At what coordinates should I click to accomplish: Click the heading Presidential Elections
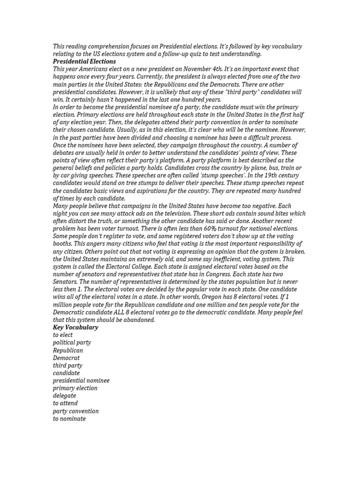84,61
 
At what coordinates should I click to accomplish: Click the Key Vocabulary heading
75,327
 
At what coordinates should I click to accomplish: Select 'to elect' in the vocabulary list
64,335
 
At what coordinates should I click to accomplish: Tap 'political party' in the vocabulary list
72,343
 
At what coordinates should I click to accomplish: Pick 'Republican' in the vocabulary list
68,350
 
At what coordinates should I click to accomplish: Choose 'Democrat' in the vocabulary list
66,358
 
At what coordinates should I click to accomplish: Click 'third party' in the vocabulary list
67,365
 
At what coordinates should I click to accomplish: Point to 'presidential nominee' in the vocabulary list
81,381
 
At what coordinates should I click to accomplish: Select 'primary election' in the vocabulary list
75,388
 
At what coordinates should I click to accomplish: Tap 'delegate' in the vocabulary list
64,396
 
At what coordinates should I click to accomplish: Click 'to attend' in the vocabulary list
66,403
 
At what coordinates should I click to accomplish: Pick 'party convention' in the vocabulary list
76,411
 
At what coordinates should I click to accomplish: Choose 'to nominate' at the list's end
69,419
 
